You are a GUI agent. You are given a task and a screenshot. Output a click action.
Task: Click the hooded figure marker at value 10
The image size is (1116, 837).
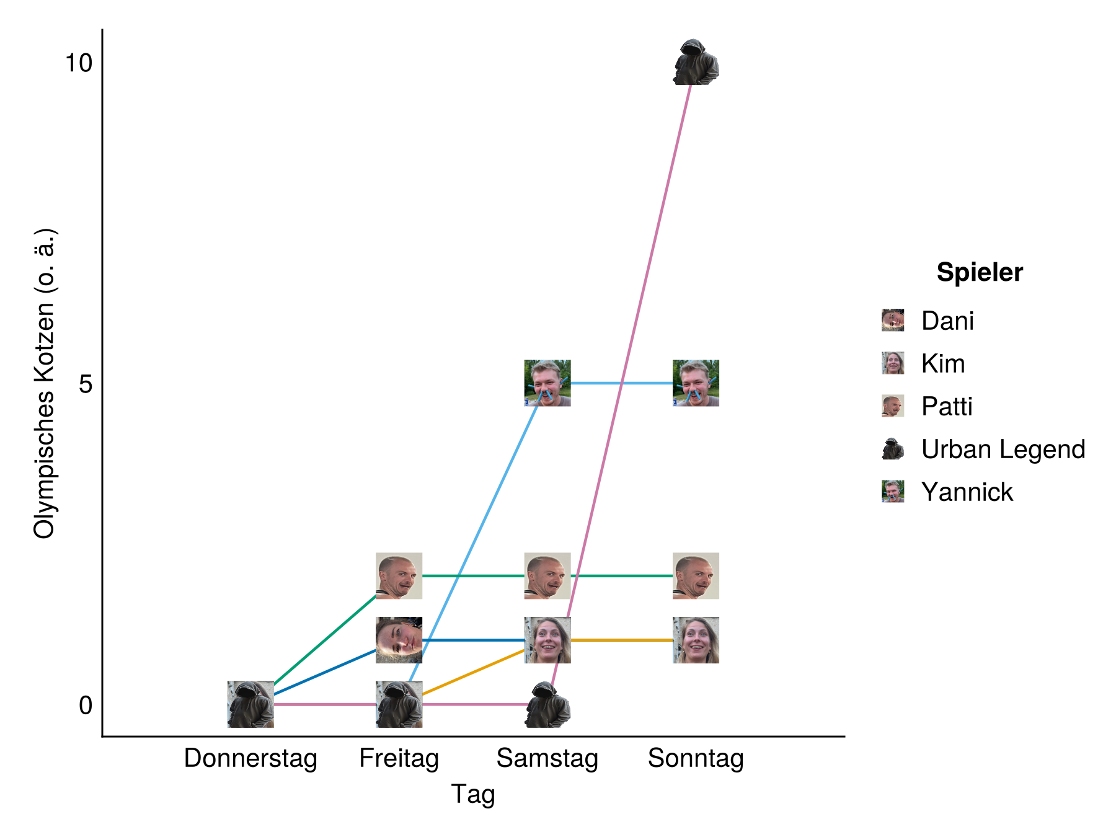click(696, 62)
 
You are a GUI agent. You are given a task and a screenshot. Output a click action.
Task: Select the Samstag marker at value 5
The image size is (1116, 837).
click(547, 383)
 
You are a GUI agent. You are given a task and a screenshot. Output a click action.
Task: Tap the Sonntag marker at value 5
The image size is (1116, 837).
click(696, 383)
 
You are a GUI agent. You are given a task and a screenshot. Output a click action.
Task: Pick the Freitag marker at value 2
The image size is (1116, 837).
click(399, 576)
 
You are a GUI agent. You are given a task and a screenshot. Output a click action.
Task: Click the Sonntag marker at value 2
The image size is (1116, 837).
click(696, 576)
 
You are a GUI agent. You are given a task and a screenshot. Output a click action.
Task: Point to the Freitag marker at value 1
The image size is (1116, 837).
click(399, 640)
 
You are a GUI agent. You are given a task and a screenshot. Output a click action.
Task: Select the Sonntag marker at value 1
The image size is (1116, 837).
click(696, 640)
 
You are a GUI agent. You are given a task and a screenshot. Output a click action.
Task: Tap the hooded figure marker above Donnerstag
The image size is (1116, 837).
click(250, 704)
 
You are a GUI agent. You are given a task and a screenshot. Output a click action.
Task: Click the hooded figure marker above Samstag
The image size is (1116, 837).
click(547, 704)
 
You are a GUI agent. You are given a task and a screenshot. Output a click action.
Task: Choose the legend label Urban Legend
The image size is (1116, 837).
click(1003, 449)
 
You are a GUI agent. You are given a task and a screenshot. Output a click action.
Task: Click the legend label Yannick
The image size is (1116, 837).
click(967, 492)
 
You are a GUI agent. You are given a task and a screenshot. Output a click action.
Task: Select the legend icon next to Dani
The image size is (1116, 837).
click(893, 321)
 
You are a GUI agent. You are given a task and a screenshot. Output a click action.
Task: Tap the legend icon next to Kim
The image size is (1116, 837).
click(893, 363)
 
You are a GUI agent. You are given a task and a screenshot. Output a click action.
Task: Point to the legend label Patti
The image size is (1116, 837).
click(947, 406)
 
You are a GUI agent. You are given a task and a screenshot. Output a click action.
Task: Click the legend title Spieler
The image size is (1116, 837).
click(980, 272)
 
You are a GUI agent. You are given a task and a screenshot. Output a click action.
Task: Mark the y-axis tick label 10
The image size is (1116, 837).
click(79, 63)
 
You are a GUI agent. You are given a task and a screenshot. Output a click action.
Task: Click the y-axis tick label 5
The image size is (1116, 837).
click(86, 384)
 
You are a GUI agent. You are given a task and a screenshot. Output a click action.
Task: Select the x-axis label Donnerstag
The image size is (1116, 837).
click(250, 758)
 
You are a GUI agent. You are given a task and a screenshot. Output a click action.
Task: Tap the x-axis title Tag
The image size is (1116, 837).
click(473, 794)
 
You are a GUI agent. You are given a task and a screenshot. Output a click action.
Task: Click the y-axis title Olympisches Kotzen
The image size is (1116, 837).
click(45, 384)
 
